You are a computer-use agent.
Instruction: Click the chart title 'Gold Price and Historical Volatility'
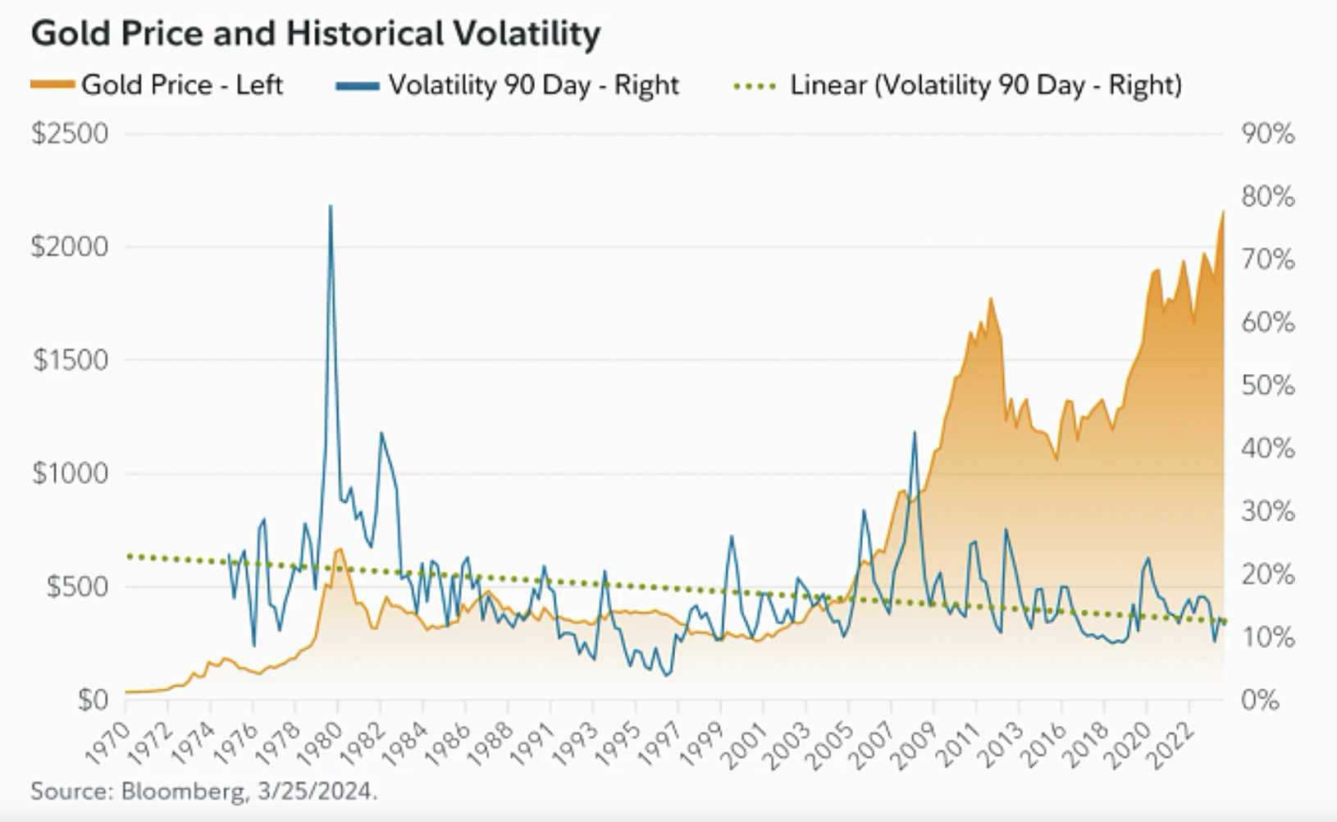316,34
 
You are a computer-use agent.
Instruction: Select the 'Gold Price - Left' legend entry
157,84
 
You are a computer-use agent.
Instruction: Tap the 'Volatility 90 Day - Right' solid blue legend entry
508,84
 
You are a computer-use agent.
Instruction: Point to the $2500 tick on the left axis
71,133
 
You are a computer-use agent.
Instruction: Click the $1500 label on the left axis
71,360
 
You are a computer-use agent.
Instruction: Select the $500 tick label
78,587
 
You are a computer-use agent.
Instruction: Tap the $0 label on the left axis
94,700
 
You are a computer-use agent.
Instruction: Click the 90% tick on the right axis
1268,133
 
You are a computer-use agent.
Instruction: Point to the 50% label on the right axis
1268,386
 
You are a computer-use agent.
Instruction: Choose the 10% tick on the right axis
1268,637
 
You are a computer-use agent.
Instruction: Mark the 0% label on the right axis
1261,700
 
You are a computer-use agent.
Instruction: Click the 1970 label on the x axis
107,743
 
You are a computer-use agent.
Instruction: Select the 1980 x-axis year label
321,743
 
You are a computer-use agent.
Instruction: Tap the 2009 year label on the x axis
916,743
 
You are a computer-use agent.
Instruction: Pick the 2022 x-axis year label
1171,743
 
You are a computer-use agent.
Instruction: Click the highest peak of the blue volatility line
331,206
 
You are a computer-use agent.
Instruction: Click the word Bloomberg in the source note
183,792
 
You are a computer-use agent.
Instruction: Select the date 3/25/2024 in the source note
315,792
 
